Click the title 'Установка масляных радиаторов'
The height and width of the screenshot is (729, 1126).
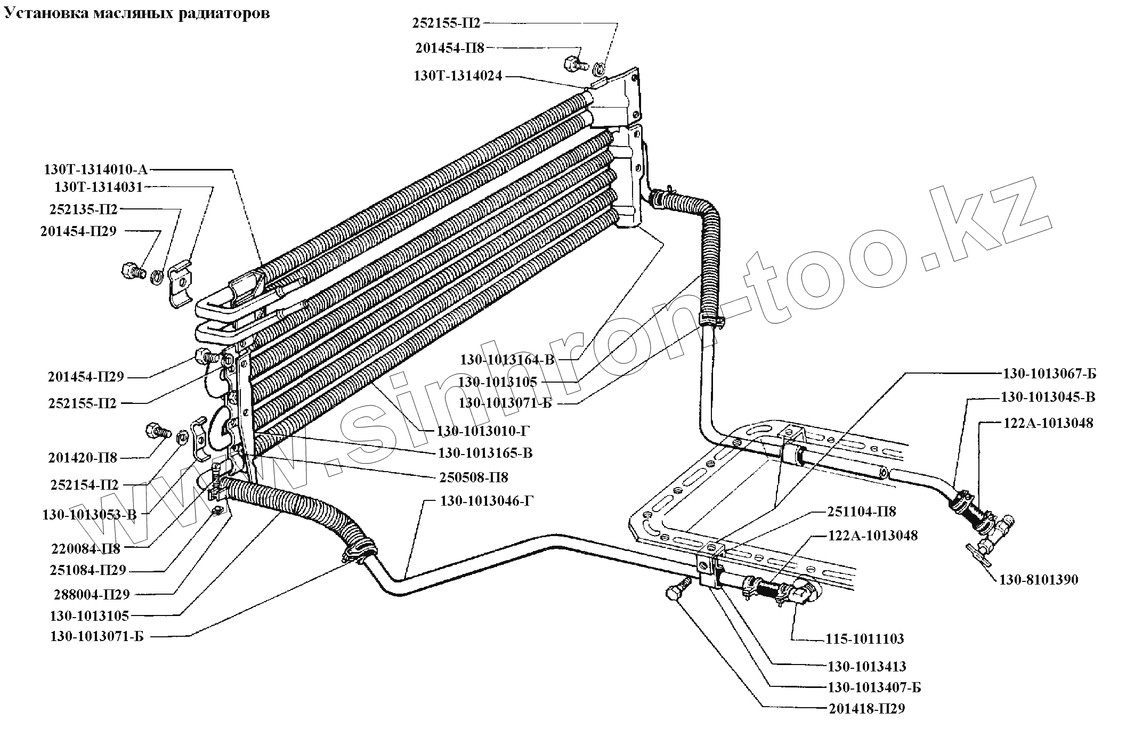point(137,13)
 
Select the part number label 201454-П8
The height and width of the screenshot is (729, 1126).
point(449,48)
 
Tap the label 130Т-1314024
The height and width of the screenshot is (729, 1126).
point(458,76)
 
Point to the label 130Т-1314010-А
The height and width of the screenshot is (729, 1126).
point(95,169)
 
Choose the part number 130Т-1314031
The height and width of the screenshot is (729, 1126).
point(99,188)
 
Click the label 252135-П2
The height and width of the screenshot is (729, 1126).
point(83,209)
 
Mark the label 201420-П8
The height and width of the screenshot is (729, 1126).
point(83,458)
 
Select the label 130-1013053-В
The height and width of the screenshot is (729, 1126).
point(90,515)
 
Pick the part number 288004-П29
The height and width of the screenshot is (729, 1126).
point(92,594)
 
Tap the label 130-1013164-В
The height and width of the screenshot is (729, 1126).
point(507,360)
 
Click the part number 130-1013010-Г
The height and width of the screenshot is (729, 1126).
point(483,431)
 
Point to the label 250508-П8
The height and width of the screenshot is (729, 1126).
point(474,477)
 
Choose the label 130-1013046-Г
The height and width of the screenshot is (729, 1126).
point(487,501)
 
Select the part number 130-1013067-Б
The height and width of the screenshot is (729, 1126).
point(1049,374)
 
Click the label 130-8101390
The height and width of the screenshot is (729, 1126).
point(1038,580)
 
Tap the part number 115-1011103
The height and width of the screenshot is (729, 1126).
point(865,638)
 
